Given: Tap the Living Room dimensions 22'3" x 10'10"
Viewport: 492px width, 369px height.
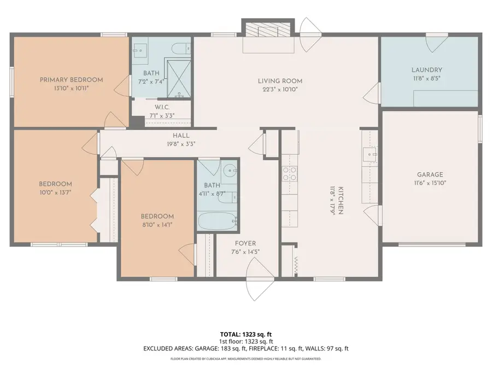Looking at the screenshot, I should point(280,90).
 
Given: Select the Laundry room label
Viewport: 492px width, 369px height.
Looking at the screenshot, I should point(426,70).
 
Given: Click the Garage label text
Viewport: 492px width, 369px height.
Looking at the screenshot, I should point(430,175).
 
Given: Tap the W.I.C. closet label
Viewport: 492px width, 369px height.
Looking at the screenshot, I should point(161,108).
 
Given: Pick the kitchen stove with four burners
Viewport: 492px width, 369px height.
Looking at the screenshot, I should point(289,173).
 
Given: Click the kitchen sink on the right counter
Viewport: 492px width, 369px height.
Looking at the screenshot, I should point(370,155).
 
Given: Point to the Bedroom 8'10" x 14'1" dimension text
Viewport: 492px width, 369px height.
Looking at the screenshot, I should point(157,225).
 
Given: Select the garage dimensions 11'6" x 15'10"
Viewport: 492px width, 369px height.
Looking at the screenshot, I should point(430,184).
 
